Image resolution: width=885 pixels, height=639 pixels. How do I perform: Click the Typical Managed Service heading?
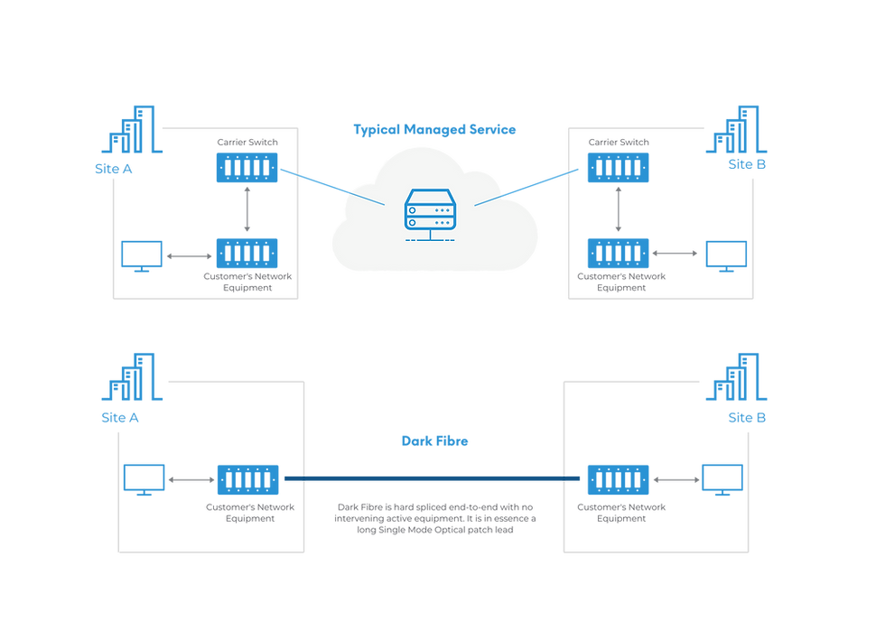434,129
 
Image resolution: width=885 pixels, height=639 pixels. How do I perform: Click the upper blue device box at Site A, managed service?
247,168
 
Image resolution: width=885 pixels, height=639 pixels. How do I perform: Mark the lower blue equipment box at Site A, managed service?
247,252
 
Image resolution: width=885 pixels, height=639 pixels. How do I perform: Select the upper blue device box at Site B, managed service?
618,168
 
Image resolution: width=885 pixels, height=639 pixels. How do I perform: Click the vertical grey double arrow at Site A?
247,209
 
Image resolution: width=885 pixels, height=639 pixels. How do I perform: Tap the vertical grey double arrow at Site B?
618,209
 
